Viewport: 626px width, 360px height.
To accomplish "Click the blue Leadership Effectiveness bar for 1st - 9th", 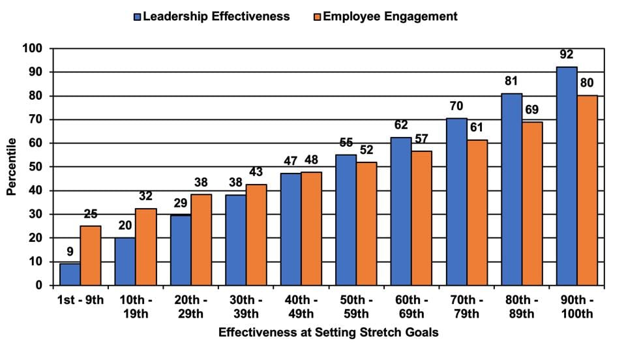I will pos(70,275).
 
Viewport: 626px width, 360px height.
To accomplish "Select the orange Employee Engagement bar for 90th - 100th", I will pos(588,190).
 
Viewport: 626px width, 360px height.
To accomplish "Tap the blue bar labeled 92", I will pos(567,176).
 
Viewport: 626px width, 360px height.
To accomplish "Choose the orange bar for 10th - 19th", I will pos(145,247).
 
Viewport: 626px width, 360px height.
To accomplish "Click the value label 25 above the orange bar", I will pos(90,214).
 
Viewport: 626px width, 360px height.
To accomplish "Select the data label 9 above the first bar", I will pos(70,252).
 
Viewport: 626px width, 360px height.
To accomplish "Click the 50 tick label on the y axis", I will pos(37,167).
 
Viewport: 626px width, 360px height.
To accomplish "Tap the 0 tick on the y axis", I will pos(40,286).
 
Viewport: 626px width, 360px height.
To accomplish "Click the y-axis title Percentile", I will pos(11,167).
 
